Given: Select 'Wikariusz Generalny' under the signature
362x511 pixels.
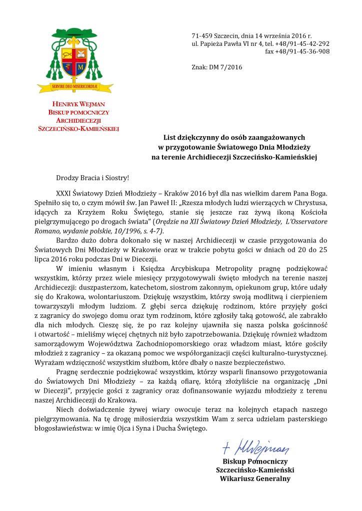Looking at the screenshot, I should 255,479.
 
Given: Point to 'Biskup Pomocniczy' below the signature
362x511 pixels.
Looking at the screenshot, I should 255,461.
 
